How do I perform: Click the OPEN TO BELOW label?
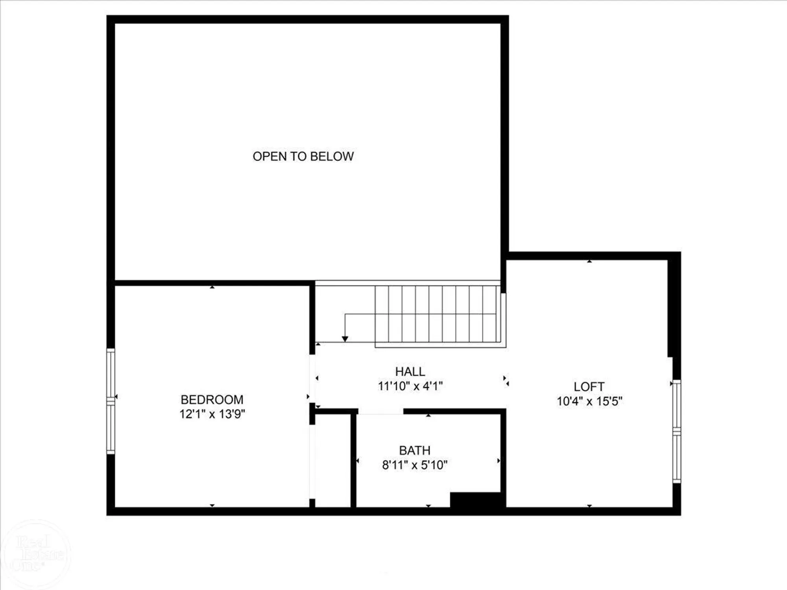[x=303, y=157]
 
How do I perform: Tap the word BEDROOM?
[x=212, y=400]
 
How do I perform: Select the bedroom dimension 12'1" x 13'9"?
[x=212, y=414]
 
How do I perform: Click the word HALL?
[x=410, y=372]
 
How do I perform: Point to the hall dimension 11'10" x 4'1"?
[x=410, y=386]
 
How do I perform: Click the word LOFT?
[x=589, y=387]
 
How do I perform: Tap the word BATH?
[x=415, y=450]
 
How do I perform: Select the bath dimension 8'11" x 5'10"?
[x=415, y=465]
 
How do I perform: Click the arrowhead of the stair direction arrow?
[x=345, y=339]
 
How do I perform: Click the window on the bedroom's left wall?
[x=111, y=401]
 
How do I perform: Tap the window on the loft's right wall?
[x=676, y=431]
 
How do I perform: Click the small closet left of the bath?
[x=333, y=460]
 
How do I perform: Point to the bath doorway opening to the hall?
[x=381, y=412]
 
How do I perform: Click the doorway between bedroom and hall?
[x=312, y=378]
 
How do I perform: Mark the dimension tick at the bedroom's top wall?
[x=212, y=288]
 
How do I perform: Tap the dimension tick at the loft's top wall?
[x=589, y=261]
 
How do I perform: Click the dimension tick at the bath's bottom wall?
[x=429, y=506]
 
